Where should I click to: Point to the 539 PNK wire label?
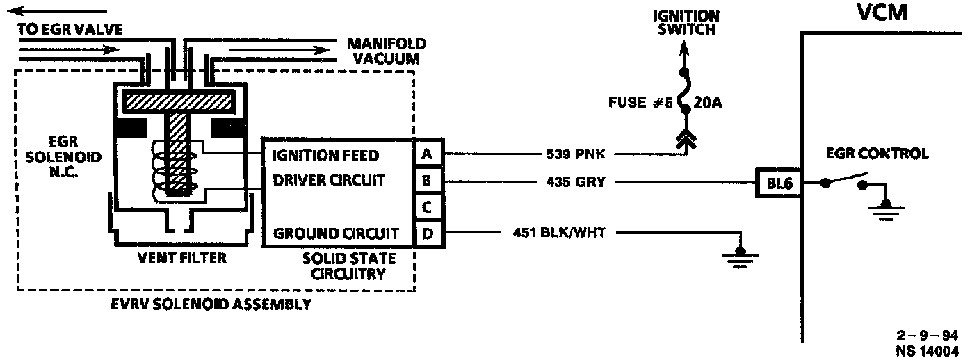pyautogui.click(x=575, y=154)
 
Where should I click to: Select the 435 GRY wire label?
pyautogui.click(x=576, y=182)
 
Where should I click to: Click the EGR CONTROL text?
pyautogui.click(x=877, y=154)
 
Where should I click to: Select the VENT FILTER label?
pyautogui.click(x=181, y=259)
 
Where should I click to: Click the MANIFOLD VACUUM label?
pyautogui.click(x=387, y=51)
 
